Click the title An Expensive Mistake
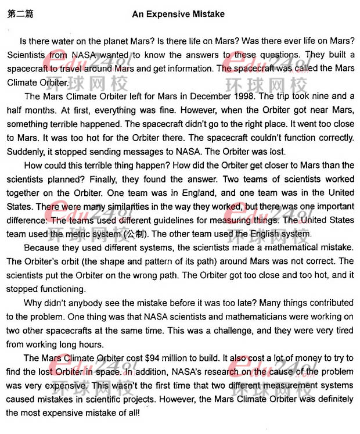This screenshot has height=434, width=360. click(178, 14)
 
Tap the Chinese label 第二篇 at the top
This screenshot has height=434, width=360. click(20, 14)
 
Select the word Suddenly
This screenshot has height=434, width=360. click(27, 152)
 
